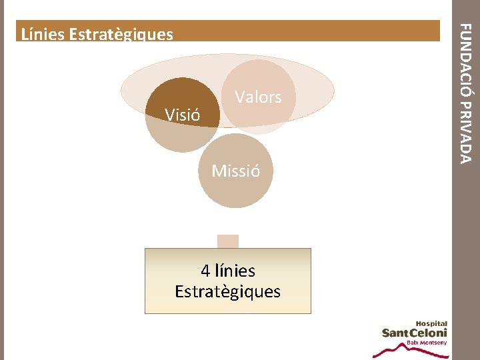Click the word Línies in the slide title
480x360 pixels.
pyautogui.click(x=41, y=34)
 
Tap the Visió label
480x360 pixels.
pyautogui.click(x=183, y=115)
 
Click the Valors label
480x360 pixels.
pyautogui.click(x=258, y=97)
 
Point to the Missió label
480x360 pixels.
pyautogui.click(x=235, y=171)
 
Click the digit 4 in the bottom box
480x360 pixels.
pyautogui.click(x=206, y=271)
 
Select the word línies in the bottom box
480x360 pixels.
pyautogui.click(x=235, y=271)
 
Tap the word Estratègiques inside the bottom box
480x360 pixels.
pyautogui.click(x=227, y=292)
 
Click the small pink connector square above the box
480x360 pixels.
pyautogui.click(x=228, y=241)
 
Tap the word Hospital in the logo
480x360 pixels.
pyautogui.click(x=432, y=323)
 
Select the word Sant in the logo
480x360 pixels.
pyautogui.click(x=396, y=333)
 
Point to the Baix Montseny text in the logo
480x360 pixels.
pyautogui.click(x=427, y=343)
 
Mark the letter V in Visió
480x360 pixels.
pyautogui.click(x=169, y=115)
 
